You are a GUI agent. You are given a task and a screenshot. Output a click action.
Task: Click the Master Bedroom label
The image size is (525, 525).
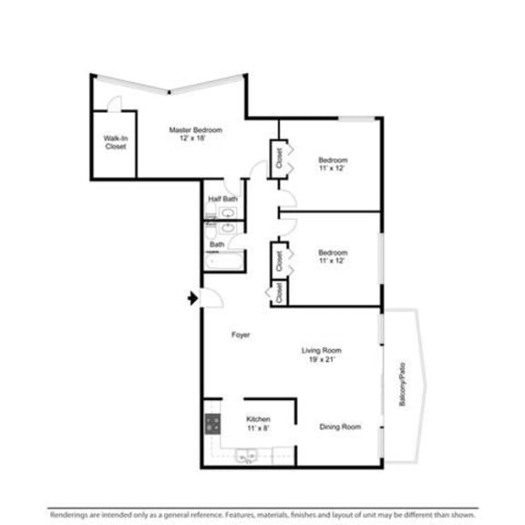point(195,130)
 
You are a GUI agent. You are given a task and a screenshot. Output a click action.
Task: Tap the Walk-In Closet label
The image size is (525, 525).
point(115,142)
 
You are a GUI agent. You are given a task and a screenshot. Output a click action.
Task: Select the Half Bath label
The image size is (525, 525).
point(222,199)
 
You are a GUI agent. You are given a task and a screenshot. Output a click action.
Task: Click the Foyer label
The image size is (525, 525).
point(241,335)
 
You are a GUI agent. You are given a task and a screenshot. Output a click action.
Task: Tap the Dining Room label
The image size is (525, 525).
point(340,427)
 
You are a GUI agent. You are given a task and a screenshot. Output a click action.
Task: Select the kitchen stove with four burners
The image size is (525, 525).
point(212,423)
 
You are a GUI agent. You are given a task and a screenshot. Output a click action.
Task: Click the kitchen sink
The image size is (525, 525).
point(244,457)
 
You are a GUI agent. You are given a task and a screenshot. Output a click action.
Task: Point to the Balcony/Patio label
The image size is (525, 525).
point(400,386)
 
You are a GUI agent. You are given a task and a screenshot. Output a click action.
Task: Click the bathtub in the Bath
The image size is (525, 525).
point(222,262)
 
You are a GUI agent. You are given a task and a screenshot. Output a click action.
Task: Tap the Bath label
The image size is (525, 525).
point(217,244)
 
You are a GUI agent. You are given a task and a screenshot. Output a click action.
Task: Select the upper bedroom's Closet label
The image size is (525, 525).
point(279,157)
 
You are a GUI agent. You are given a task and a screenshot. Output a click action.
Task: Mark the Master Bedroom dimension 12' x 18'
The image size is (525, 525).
point(195,139)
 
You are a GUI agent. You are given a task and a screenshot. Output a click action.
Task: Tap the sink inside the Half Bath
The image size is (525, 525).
point(226,213)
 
